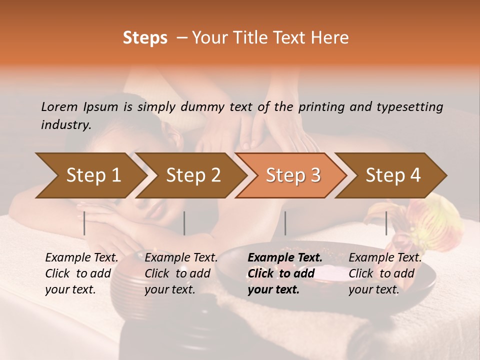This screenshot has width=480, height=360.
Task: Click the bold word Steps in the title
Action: pyautogui.click(x=145, y=38)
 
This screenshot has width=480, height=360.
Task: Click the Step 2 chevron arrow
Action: pyautogui.click(x=193, y=175)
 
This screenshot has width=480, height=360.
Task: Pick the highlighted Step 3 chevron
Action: pyautogui.click(x=292, y=175)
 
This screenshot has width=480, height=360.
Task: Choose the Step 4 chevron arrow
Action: pyautogui.click(x=393, y=175)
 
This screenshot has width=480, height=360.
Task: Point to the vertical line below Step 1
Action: pyautogui.click(x=84, y=223)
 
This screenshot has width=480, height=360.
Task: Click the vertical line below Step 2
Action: pyautogui.click(x=184, y=223)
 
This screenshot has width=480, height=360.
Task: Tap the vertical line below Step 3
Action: pyautogui.click(x=285, y=223)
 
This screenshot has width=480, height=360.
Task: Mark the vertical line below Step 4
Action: pyautogui.click(x=386, y=223)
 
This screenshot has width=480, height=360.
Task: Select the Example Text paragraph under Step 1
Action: pyautogui.click(x=81, y=273)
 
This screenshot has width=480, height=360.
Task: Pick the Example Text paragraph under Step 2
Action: pyautogui.click(x=181, y=273)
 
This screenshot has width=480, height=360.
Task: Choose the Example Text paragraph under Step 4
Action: pyautogui.click(x=385, y=273)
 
